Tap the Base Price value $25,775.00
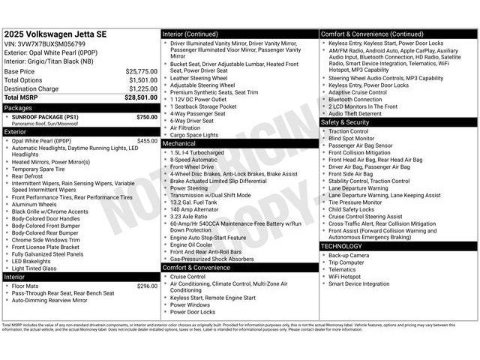click(x=141, y=71)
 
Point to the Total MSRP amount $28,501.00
click(x=141, y=97)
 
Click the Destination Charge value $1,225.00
click(x=142, y=88)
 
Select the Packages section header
click(x=19, y=107)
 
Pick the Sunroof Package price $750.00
click(x=147, y=117)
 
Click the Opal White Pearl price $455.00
click(x=147, y=141)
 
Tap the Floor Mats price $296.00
click(x=147, y=286)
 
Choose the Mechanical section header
click(x=179, y=142)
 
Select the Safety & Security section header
click(x=345, y=121)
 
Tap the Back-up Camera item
click(x=349, y=255)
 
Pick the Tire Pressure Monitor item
click(x=355, y=202)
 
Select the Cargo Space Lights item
click(x=194, y=135)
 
